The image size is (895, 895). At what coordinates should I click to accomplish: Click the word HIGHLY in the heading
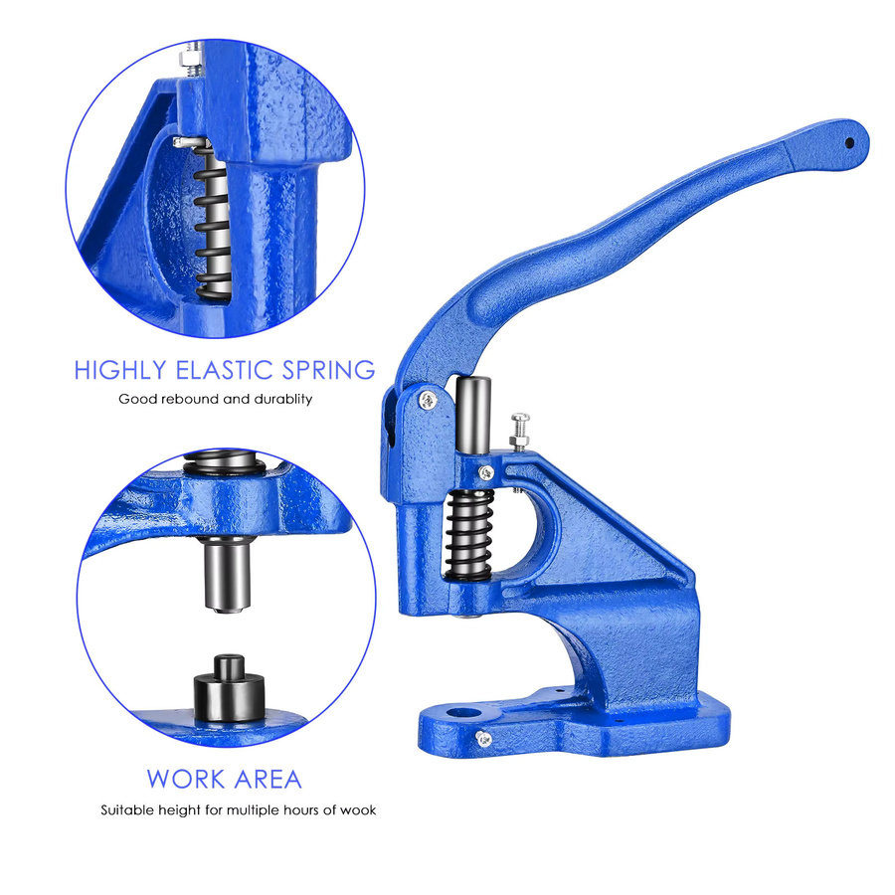pos(120,371)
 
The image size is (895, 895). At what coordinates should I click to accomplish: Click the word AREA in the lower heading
pos(268,779)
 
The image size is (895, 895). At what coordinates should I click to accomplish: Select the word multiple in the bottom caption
pos(254,810)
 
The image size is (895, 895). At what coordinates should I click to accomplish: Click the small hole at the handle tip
pos(849,142)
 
